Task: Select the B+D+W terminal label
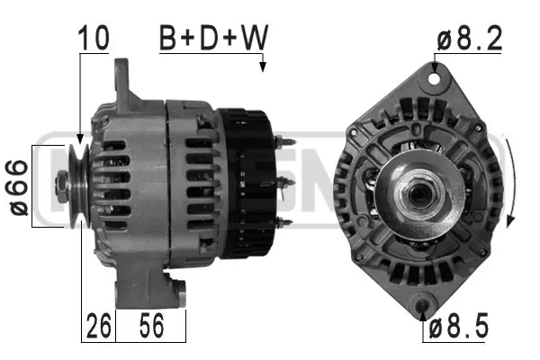coord(214,38)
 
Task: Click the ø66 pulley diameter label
coord(19,186)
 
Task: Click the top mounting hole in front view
coord(436,79)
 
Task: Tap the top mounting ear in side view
coord(124,81)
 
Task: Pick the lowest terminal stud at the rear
coord(284,221)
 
